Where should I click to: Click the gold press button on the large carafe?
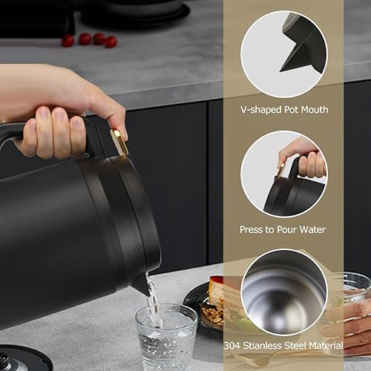pyautogui.click(x=119, y=142)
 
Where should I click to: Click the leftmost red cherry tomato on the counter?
pyautogui.click(x=68, y=41)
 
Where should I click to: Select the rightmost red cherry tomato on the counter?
pyautogui.click(x=111, y=42)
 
